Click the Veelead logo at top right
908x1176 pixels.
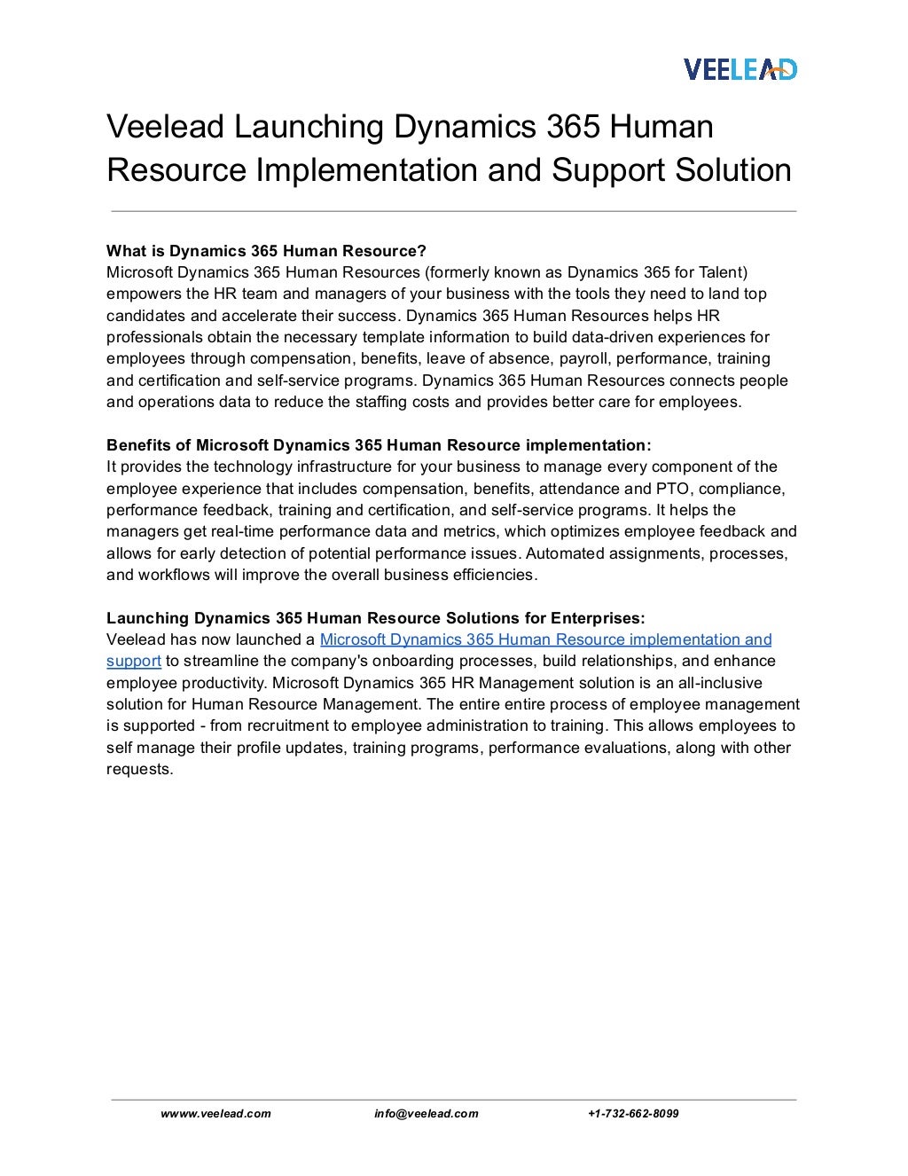point(740,68)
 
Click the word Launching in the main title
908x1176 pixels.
point(309,127)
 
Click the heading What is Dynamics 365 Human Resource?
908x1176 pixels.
point(267,251)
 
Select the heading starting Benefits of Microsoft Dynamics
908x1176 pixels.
point(379,445)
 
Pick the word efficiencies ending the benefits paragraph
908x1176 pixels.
point(492,575)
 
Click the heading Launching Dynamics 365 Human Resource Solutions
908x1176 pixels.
point(376,618)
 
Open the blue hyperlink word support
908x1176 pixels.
point(133,662)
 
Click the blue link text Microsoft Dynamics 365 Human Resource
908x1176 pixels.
point(472,639)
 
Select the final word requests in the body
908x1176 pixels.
point(138,769)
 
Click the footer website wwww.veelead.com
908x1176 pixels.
point(215,1114)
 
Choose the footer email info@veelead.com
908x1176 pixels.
point(426,1114)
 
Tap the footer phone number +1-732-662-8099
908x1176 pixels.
point(633,1114)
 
